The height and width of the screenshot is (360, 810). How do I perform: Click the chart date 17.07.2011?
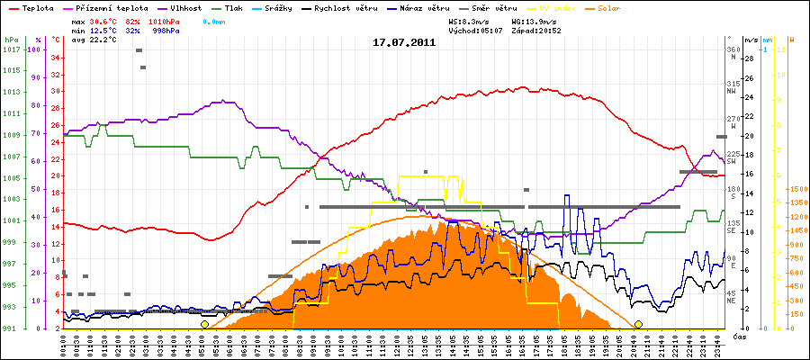(404, 41)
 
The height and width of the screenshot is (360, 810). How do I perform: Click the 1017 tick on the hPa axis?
(11, 49)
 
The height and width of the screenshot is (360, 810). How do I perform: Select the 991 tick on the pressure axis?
(11, 328)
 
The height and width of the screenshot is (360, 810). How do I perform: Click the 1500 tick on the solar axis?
(796, 189)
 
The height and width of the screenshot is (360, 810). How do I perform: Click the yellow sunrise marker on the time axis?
(204, 324)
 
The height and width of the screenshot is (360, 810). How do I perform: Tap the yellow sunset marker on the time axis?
(638, 324)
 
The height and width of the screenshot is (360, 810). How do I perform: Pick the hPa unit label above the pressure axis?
(11, 40)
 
